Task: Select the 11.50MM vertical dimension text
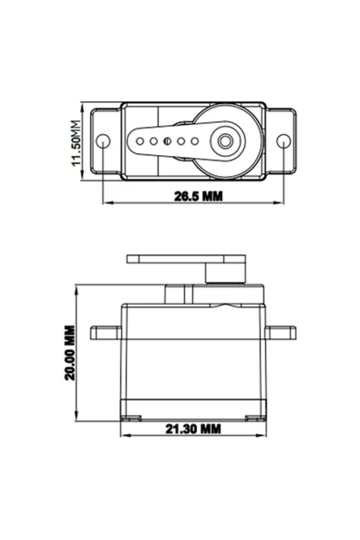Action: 78,141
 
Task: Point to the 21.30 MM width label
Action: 193,427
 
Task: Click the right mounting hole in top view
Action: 283,141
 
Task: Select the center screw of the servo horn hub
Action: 223,141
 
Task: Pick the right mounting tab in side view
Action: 281,329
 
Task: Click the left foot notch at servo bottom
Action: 134,417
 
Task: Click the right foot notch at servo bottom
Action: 252,417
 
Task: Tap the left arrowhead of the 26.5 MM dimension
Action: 106,202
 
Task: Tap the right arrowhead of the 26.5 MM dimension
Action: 283,202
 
